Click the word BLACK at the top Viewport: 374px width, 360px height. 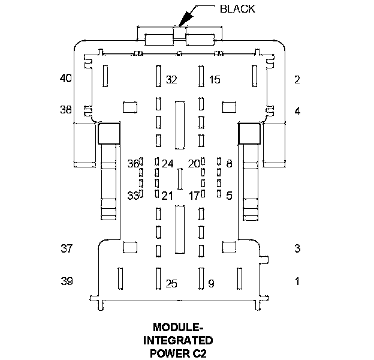click(237, 9)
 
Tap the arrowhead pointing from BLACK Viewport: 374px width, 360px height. click(185, 19)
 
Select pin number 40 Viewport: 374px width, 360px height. click(65, 78)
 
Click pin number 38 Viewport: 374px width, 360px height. click(65, 110)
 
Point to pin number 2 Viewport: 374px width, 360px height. click(297, 79)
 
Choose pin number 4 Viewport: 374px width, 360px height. click(297, 111)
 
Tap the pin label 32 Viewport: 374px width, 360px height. click(171, 79)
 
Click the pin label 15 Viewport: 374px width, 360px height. click(215, 79)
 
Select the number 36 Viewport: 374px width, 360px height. click(133, 164)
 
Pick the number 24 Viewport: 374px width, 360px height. click(167, 164)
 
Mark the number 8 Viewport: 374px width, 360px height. click(229, 164)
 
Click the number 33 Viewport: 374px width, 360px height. click(133, 196)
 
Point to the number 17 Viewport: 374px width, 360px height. click(194, 196)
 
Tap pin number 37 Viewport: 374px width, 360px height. click(67, 248)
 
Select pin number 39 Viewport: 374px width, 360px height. click(67, 281)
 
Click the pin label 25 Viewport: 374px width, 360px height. click(171, 284)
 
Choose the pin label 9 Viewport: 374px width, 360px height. click(211, 284)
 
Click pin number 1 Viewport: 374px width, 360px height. click(297, 281)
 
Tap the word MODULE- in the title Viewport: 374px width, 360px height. click(178, 327)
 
